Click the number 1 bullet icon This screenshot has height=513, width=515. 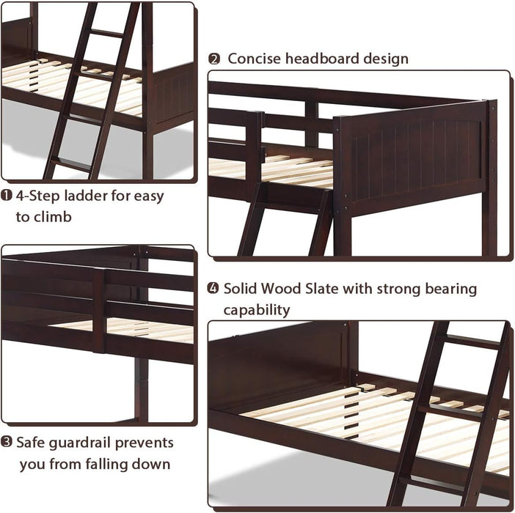tap(7, 196)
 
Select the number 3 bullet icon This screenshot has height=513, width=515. tap(7, 443)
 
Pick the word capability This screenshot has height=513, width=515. tap(257, 310)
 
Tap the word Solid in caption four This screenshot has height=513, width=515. tap(242, 289)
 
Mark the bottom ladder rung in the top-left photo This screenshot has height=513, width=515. tap(73, 164)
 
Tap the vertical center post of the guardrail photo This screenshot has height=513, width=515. tap(99, 311)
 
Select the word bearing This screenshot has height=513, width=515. tap(450, 289)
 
